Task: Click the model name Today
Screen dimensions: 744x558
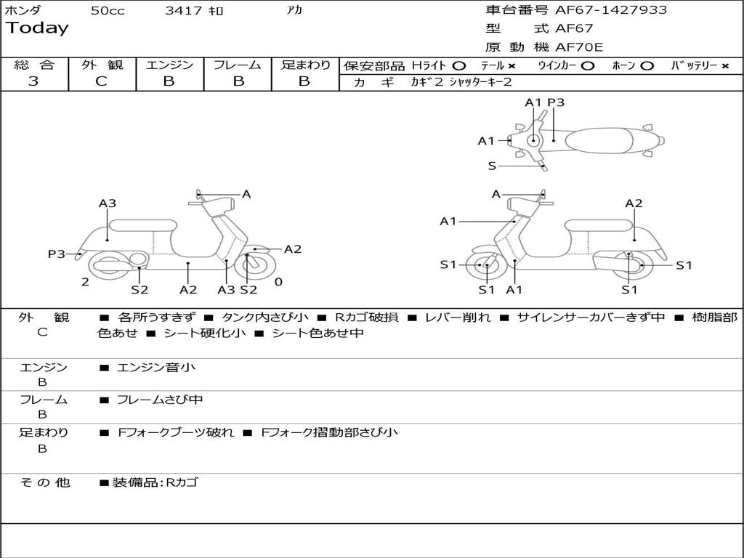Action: (x=37, y=28)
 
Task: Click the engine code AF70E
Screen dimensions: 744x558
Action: (x=579, y=47)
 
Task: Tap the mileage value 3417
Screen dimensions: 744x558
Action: (x=185, y=11)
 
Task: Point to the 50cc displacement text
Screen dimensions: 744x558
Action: (x=108, y=11)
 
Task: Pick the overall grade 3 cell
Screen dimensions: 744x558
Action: (x=33, y=81)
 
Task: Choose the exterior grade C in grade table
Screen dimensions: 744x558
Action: (x=102, y=81)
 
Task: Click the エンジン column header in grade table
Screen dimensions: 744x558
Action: (x=169, y=65)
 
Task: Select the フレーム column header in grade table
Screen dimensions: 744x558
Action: (x=237, y=65)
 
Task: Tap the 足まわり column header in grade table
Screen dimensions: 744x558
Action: (x=305, y=65)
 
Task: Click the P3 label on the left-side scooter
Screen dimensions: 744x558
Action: (x=57, y=254)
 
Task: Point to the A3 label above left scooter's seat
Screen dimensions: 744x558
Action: (x=108, y=203)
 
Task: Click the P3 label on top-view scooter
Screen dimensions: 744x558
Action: (x=556, y=102)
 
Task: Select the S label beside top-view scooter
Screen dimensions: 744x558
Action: (x=492, y=166)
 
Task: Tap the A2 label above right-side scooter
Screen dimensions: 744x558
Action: (x=634, y=203)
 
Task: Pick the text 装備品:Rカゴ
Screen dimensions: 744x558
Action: (x=155, y=482)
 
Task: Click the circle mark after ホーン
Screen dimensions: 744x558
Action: (x=647, y=65)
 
